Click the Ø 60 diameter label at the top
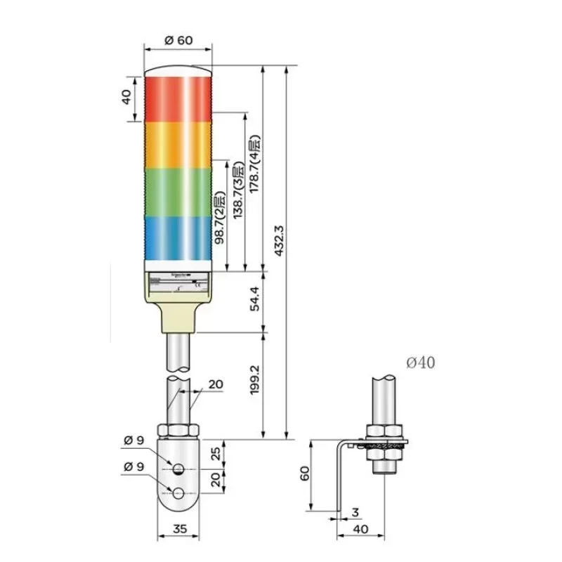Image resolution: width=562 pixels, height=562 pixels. [178, 40]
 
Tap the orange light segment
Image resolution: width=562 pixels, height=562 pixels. [178, 144]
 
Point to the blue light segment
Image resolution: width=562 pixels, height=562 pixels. [178, 237]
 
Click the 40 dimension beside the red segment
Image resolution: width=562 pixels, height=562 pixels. [126, 97]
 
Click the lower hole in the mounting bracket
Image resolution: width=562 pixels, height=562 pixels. [179, 494]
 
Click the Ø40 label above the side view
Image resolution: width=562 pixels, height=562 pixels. [420, 363]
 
